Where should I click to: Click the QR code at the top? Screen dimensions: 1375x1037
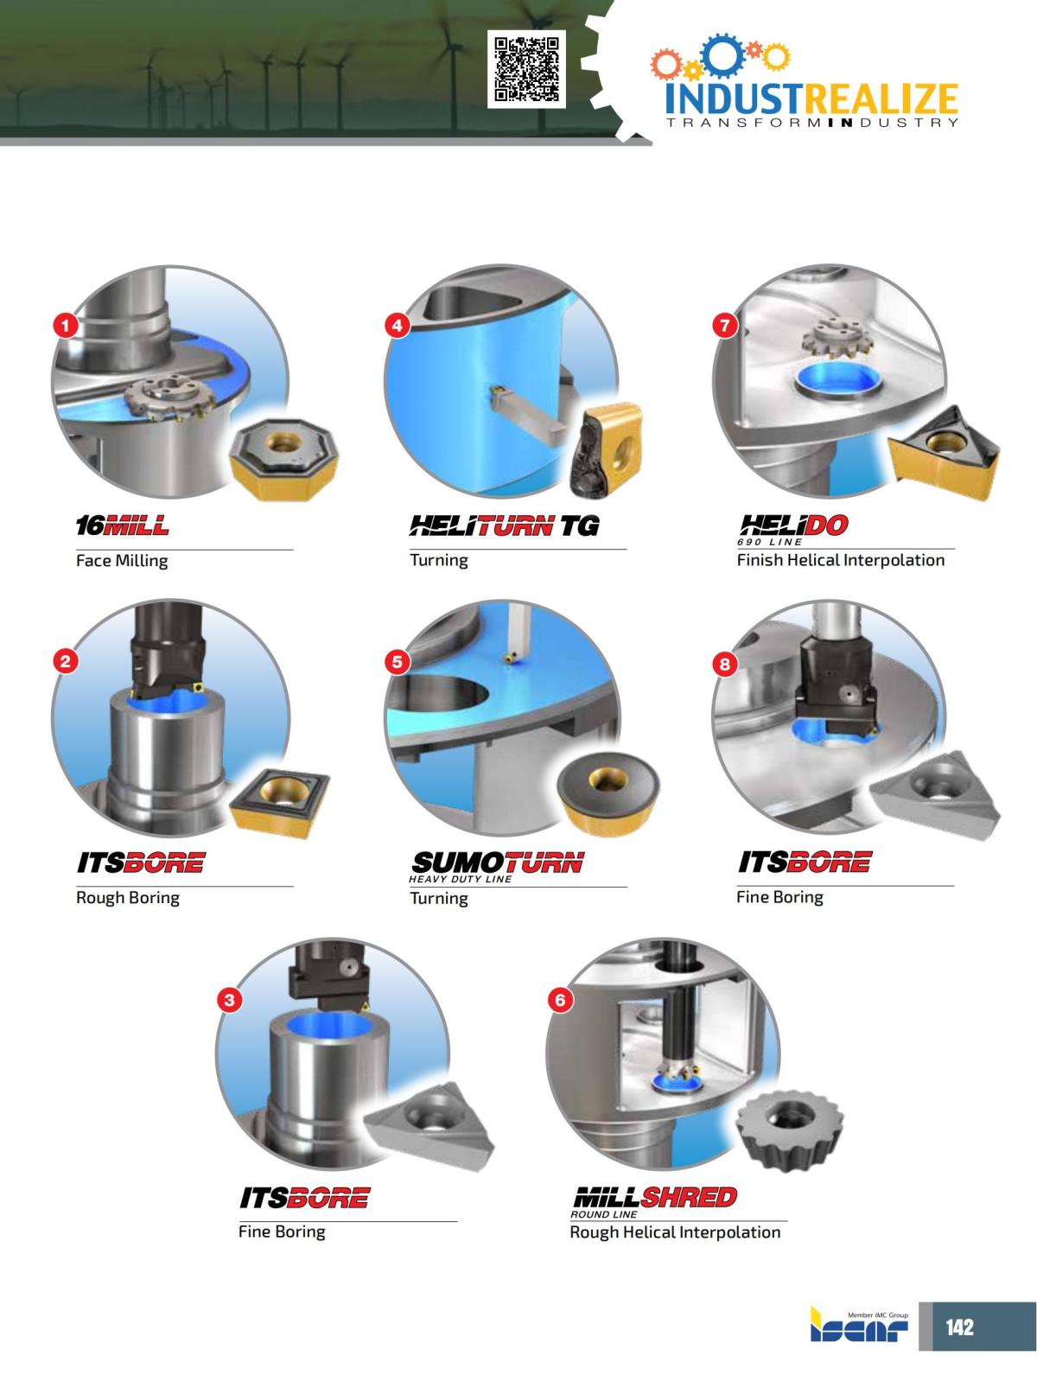(526, 68)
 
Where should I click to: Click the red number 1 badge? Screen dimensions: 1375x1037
(67, 325)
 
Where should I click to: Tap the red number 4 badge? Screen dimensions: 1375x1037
(397, 325)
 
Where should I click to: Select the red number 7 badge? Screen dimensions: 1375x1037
(724, 325)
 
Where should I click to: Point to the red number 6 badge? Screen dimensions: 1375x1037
(560, 1000)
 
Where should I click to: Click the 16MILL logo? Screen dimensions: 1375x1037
(122, 525)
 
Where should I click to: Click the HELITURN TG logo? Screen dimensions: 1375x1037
(504, 525)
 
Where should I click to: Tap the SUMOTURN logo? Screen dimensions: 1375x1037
(498, 863)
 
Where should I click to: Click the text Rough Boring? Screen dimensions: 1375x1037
(128, 898)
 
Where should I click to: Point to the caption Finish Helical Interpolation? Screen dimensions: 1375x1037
(840, 560)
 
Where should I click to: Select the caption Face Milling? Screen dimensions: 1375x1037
(122, 561)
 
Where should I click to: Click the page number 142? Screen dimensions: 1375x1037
(959, 1327)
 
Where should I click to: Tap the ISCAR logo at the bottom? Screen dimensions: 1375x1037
(859, 1329)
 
